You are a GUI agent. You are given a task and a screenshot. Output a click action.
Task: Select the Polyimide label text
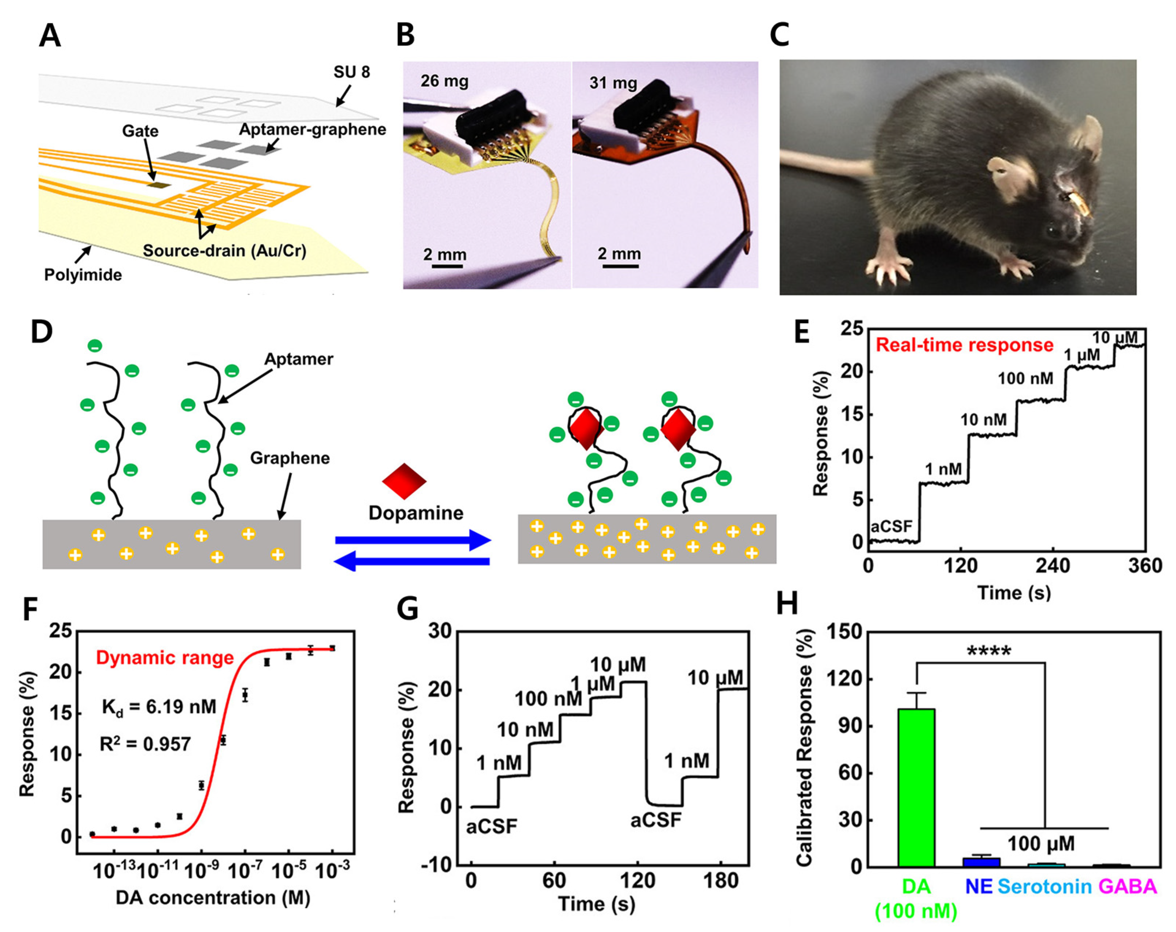point(83,275)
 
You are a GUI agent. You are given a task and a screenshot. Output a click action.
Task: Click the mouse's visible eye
point(1048,231)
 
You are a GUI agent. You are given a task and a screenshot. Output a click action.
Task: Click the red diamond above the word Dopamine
point(404,481)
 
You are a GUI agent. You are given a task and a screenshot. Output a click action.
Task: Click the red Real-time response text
point(964,345)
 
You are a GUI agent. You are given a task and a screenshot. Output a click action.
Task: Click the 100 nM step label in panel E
point(1026,379)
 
